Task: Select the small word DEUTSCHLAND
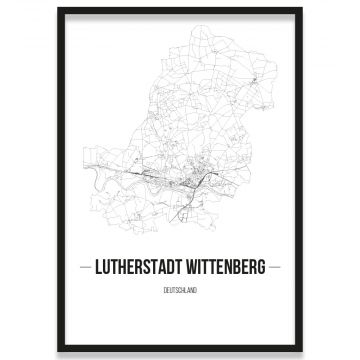pos(180,288)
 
